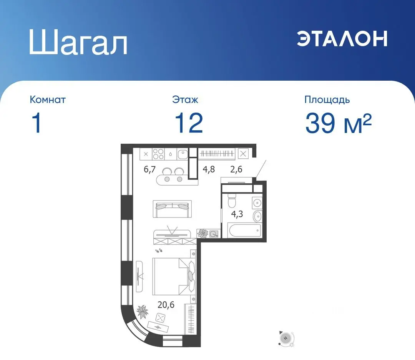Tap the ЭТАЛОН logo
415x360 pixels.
click(x=342, y=38)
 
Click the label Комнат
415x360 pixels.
click(x=48, y=100)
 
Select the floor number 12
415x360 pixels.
click(x=188, y=123)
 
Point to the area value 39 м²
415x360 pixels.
click(x=338, y=123)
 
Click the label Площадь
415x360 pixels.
click(x=327, y=100)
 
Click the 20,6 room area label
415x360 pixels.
click(x=166, y=305)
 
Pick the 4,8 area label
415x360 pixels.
click(x=209, y=169)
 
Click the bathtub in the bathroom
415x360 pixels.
click(x=244, y=231)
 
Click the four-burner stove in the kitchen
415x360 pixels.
click(x=158, y=154)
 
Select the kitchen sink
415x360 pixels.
click(x=183, y=154)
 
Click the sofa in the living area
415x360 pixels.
click(x=172, y=209)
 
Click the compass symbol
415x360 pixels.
click(x=286, y=338)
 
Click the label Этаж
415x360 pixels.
click(x=185, y=100)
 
